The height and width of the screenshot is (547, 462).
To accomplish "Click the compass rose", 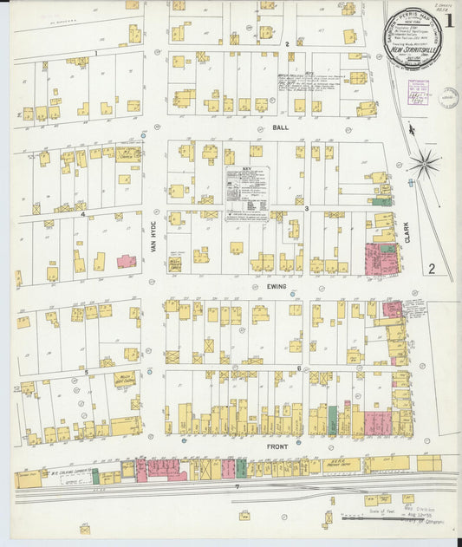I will [x=426, y=162].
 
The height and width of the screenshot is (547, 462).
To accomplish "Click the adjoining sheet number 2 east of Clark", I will [x=431, y=269].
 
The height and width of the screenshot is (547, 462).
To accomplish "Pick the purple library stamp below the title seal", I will [x=419, y=91].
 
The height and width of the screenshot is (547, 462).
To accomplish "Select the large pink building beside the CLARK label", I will [x=381, y=258].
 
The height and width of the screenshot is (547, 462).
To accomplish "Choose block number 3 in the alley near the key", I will [x=306, y=209].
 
